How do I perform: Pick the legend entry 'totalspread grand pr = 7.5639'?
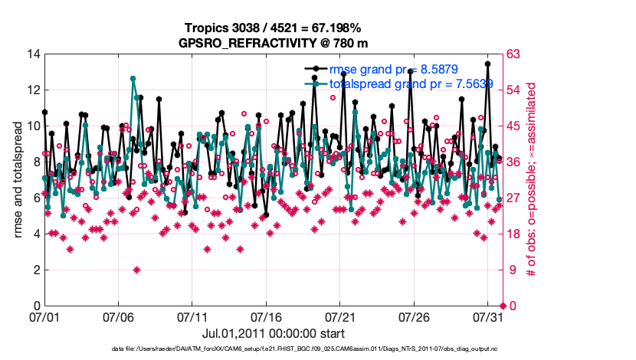coord(411,83)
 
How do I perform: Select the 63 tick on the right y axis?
coord(515,54)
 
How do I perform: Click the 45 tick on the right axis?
coord(515,126)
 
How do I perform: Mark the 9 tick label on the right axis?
coord(512,270)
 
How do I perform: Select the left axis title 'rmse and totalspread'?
coord(18,180)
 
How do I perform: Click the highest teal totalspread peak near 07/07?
coord(133,78)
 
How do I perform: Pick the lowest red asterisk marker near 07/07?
coord(136,270)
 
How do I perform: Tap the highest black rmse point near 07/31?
coord(488,64)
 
